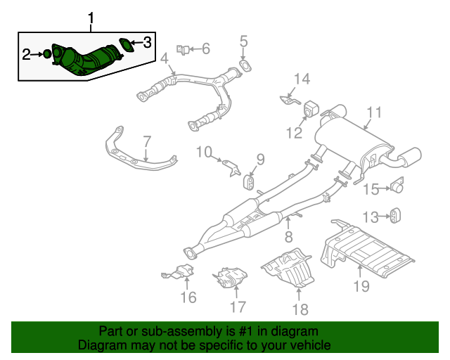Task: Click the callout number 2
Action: coord(27,54)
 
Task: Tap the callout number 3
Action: coord(147,43)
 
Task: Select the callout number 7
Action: coord(146,141)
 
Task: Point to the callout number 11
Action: coord(373,112)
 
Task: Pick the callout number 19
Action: coord(361,286)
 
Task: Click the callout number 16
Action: coord(188,297)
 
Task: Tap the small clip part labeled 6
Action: coord(183,49)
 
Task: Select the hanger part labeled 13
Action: coord(396,215)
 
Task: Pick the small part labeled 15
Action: coord(398,187)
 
